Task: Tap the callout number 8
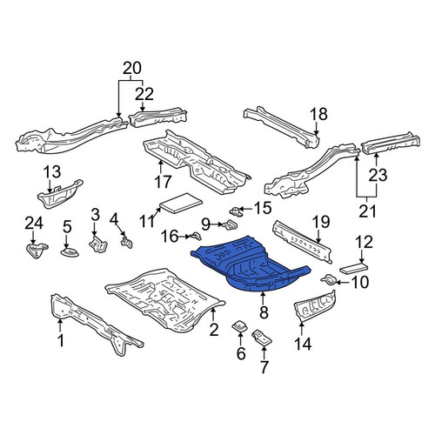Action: tap(264, 312)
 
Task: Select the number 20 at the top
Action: tap(132, 69)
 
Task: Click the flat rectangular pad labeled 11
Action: tap(180, 203)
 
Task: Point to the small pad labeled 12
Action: tap(353, 268)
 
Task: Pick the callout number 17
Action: tap(163, 183)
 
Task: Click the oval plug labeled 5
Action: tap(70, 252)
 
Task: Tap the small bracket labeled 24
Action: tap(36, 251)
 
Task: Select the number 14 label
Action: tap(303, 345)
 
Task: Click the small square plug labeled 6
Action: tap(240, 326)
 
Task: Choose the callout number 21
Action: tap(367, 211)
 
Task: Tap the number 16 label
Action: tap(170, 237)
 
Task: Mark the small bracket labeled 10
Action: tap(328, 280)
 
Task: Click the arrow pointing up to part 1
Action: tap(60, 325)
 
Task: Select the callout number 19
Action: tap(321, 222)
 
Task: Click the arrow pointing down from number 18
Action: tap(317, 128)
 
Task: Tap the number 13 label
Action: tap(52, 171)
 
